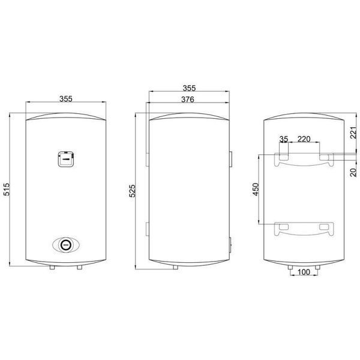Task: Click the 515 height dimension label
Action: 7,189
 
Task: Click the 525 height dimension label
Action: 133,191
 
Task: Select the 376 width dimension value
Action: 188,100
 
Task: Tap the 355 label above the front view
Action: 66,99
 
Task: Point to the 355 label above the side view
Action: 189,88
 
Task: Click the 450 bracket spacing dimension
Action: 256,189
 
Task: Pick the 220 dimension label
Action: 304,139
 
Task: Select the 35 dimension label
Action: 284,139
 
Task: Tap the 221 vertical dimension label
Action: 354,133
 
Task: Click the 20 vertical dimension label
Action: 354,172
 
